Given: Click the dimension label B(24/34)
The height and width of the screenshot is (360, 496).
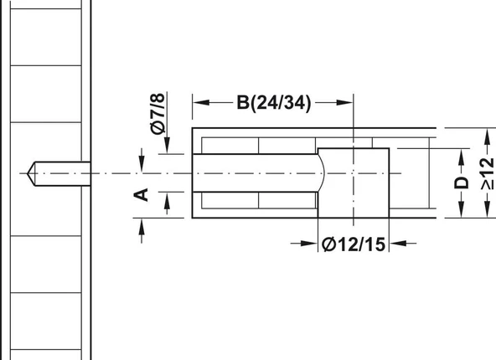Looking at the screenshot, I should tap(273, 102).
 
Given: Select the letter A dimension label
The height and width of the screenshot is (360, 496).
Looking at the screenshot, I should tap(142, 194).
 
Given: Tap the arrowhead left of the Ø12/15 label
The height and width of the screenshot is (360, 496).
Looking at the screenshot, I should tap(313, 244).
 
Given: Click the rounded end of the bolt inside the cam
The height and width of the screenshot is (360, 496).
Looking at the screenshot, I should tap(320, 172).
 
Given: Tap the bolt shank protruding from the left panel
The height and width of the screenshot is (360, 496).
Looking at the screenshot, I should tap(63, 172).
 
